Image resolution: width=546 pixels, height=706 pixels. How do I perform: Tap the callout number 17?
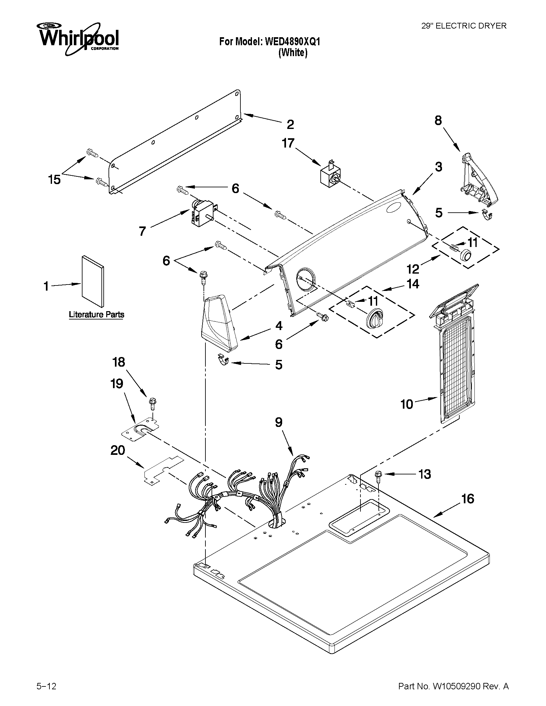pos(288,143)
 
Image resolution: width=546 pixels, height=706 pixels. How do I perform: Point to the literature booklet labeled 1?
pos(93,282)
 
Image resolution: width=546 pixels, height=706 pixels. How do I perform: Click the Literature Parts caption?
pos(96,314)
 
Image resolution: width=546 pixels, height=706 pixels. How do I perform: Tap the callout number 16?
pos(467,499)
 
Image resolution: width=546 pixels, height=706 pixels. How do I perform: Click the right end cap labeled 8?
pos(479,180)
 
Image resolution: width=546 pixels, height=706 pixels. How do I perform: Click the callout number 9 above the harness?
pos(279,422)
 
